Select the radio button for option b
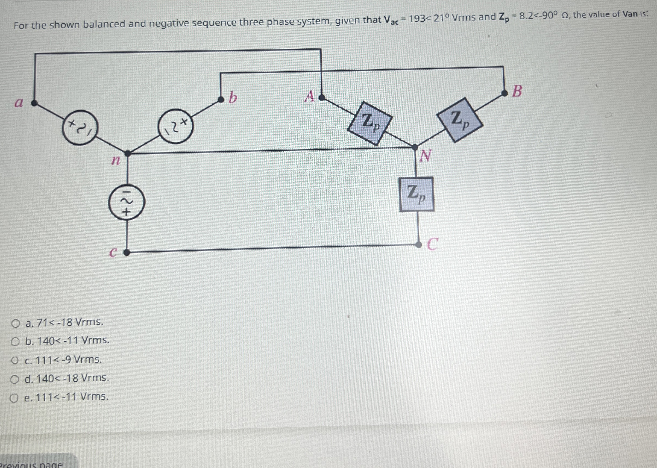click(x=15, y=342)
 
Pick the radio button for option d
click(x=14, y=379)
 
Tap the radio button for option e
click(x=14, y=398)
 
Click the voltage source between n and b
click(x=175, y=126)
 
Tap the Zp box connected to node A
click(x=370, y=123)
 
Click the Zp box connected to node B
click(x=459, y=120)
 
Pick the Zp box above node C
click(x=417, y=194)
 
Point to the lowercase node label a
click(x=19, y=103)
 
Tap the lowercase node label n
click(x=116, y=160)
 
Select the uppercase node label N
click(x=426, y=156)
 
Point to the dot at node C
click(x=418, y=245)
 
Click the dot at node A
click(x=322, y=98)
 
